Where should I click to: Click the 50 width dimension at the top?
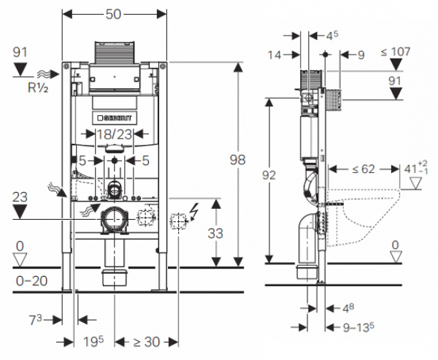click(x=113, y=15)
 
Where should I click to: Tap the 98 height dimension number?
click(x=237, y=160)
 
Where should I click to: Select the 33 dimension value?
click(x=215, y=234)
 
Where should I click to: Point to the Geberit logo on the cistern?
click(x=115, y=118)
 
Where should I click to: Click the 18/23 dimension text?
click(x=115, y=134)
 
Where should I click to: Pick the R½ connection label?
click(x=38, y=88)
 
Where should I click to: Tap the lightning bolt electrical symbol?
click(x=194, y=212)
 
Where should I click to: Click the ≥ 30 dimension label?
click(x=147, y=342)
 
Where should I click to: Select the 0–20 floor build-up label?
click(x=31, y=281)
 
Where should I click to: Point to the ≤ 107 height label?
click(x=396, y=52)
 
